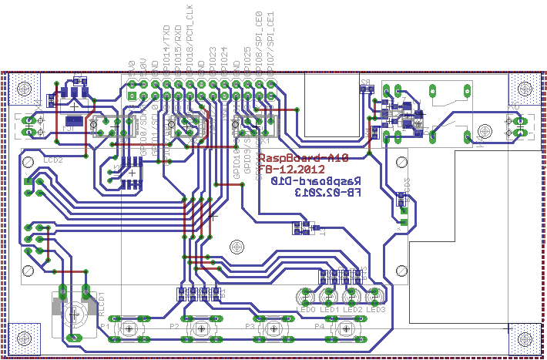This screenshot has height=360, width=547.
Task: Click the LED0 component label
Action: pos(306,309)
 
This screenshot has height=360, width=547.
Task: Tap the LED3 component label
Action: pos(375,309)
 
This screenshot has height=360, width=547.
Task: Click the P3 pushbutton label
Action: pos(249,326)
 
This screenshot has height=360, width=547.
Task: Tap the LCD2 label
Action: pos(52,159)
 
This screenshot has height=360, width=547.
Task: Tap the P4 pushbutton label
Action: pos(319,326)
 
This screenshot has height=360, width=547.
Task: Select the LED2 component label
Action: pos(352,309)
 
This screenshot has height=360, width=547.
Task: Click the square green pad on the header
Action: pos(132,95)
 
